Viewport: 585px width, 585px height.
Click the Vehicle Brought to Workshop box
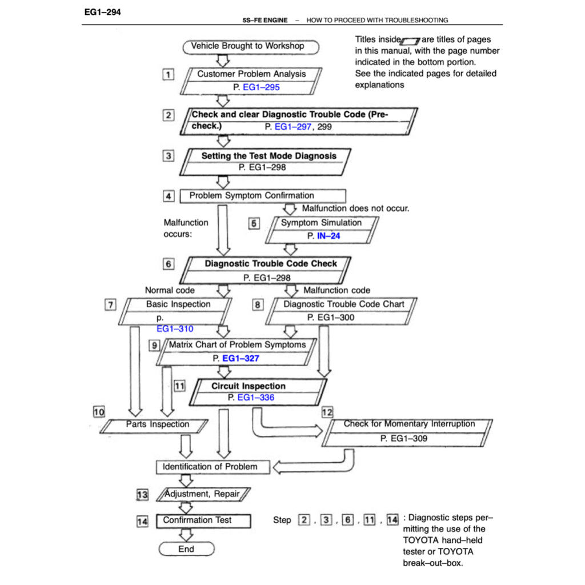click(250, 46)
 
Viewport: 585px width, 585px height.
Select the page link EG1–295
click(261, 87)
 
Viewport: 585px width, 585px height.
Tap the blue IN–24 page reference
click(328, 235)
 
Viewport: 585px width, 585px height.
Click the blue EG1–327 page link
click(240, 358)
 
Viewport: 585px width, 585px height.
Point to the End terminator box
click(186, 549)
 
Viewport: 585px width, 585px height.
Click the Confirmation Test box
click(203, 520)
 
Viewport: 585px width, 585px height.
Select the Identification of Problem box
click(210, 467)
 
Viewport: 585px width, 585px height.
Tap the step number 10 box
click(99, 411)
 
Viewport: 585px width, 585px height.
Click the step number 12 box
click(327, 411)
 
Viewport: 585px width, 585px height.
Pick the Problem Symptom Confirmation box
click(262, 196)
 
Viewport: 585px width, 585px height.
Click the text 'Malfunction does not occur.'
click(355, 209)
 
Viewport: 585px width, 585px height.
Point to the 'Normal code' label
click(170, 290)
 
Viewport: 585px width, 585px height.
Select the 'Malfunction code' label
click(336, 290)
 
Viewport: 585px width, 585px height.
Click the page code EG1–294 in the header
click(101, 11)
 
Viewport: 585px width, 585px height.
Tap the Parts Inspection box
click(158, 424)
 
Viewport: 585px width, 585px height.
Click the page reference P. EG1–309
click(403, 439)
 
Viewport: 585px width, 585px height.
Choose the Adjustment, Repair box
click(202, 494)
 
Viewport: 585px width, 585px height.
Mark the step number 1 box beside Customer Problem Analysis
click(168, 74)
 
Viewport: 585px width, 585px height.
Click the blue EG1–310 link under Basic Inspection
click(175, 329)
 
